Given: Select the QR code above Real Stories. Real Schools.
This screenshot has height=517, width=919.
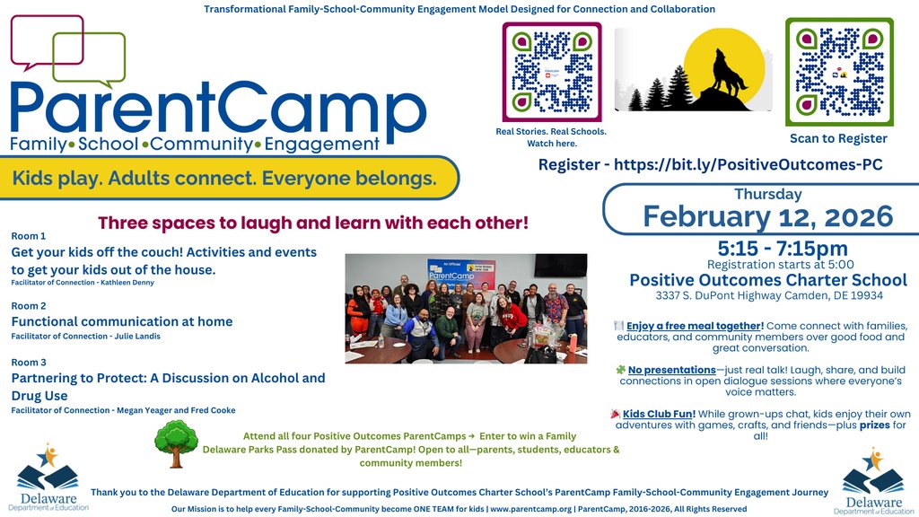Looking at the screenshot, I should coord(551,72).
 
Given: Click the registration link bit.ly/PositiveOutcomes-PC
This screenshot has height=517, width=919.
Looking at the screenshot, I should coord(710,164).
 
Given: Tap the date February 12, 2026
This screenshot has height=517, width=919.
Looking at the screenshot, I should coord(767,216).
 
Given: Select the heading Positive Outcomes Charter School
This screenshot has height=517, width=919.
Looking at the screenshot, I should coord(767,280).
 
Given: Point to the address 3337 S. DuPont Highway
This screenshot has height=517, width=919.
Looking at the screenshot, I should coord(767,296).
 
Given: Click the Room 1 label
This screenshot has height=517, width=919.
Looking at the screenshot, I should coord(28,236).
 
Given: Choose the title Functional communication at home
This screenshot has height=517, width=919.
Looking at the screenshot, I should coord(121,321).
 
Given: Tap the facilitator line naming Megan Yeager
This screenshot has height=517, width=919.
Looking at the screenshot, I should coord(123,410).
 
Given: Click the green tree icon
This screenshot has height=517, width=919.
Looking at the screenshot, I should coord(175,443).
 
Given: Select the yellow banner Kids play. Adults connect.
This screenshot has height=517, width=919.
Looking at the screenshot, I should coord(224,179).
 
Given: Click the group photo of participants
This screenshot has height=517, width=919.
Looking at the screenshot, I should coord(466,308).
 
